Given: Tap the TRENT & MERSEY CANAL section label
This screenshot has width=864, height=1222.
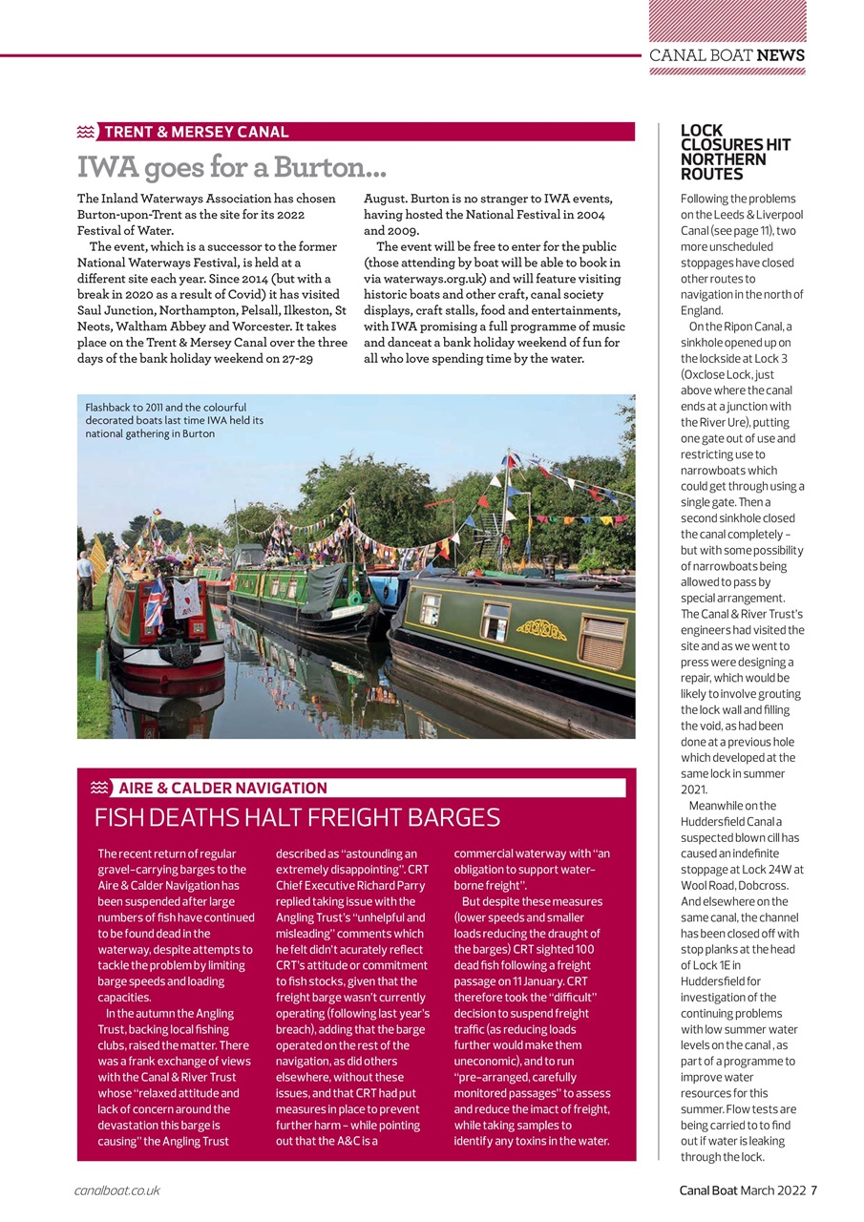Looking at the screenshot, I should (196, 132).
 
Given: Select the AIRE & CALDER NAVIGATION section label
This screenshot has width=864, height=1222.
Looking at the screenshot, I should (222, 788).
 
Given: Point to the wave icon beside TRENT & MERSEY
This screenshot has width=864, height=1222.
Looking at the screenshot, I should (87, 132).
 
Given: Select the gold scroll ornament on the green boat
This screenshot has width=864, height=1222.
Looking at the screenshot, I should (540, 629).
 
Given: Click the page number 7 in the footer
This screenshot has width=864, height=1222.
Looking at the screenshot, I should (814, 1190).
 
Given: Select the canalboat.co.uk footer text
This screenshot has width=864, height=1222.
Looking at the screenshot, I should (116, 1190).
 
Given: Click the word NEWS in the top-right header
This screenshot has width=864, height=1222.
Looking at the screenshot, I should (781, 55).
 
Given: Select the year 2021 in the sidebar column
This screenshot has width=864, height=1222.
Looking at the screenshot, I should (694, 790).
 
